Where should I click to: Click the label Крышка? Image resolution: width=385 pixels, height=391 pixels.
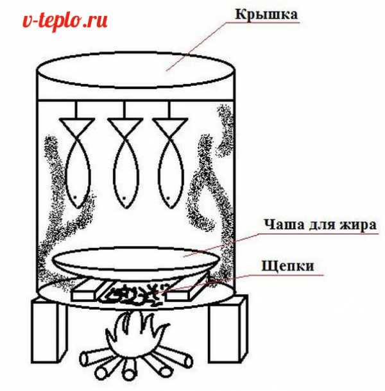266,15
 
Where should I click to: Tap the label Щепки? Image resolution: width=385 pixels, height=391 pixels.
287,266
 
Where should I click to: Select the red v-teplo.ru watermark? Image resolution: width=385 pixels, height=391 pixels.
65,21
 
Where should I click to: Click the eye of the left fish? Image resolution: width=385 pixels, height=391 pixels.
75,197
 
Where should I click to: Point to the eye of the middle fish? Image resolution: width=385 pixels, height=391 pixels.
124,198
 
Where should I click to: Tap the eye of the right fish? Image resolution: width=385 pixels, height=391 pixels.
168,198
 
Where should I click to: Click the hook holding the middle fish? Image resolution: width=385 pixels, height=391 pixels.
124,110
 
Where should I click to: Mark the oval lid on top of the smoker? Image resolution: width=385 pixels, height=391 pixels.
136,70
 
